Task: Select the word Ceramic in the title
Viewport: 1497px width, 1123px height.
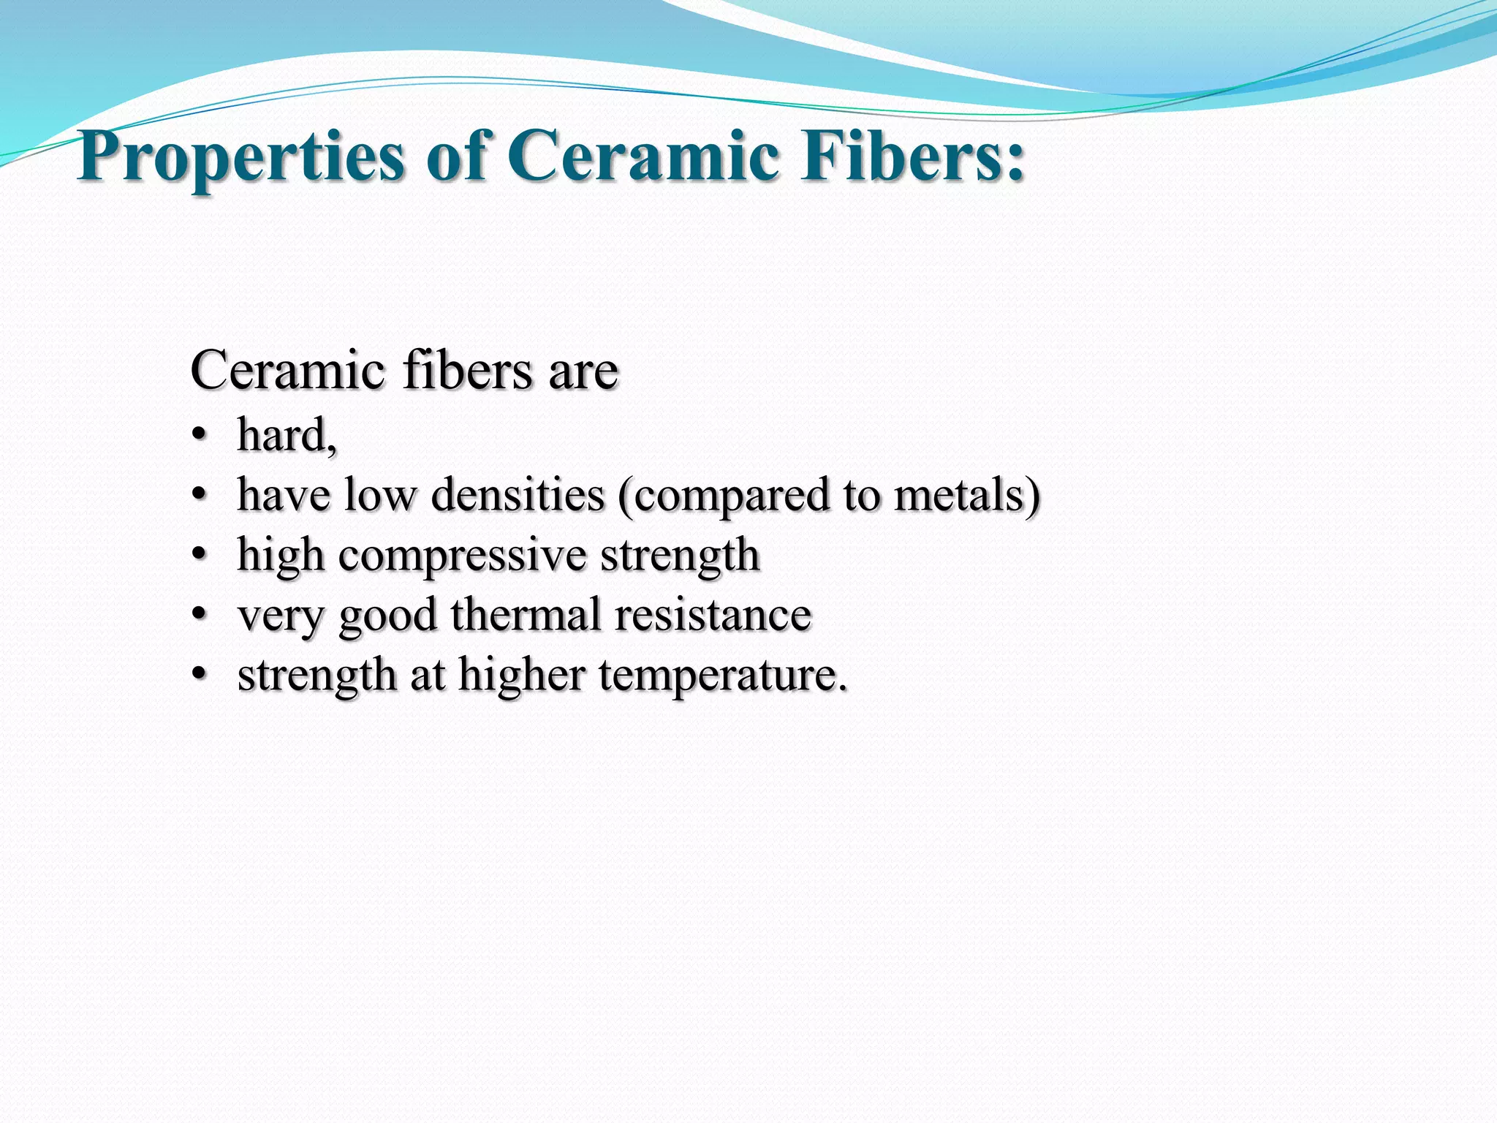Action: pyautogui.click(x=643, y=156)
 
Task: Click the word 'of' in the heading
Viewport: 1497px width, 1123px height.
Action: pyautogui.click(x=458, y=156)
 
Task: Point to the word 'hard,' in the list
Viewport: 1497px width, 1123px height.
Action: pyautogui.click(x=287, y=436)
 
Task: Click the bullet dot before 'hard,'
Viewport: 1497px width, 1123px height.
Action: pyautogui.click(x=198, y=437)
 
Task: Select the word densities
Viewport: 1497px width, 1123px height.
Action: pyautogui.click(x=518, y=495)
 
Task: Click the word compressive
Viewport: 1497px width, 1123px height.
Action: pyautogui.click(x=462, y=556)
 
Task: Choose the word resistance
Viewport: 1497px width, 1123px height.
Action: pyautogui.click(x=713, y=614)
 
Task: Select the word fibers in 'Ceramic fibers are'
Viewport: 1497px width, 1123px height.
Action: pyautogui.click(x=468, y=371)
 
